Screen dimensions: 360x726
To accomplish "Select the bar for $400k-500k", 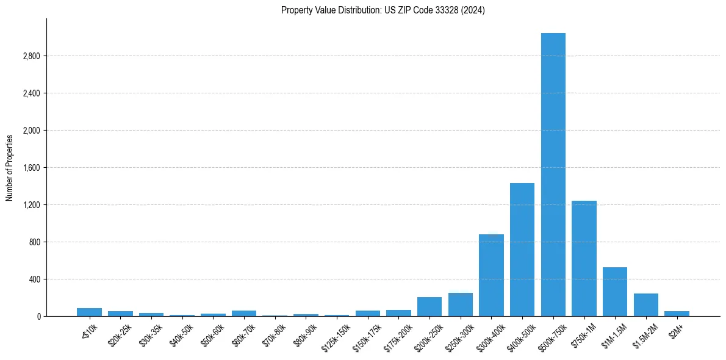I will pos(522,250).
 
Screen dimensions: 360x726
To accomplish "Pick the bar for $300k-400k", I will pos(491,275).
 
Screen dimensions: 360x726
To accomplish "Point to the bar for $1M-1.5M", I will pos(615,292).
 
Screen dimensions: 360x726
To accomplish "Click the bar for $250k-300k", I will pos(461,304).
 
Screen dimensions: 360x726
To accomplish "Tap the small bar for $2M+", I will pos(677,314).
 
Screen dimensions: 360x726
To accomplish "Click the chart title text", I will pos(383,10).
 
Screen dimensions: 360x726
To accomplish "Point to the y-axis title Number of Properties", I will pos(10,167).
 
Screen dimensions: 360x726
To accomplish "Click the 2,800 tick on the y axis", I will pos(31,56).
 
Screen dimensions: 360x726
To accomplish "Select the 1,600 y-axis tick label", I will pos(31,168).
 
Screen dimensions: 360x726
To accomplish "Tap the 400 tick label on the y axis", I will pos(35,279).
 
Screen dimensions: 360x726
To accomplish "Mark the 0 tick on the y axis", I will pos(38,317).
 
